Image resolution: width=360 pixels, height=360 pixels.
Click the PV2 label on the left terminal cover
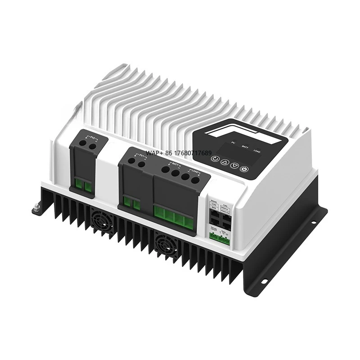click(93, 135)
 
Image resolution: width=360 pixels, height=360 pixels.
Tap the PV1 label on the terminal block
click(143, 156)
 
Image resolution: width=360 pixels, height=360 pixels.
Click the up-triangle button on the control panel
click(225, 162)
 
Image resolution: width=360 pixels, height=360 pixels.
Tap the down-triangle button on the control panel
click(235, 165)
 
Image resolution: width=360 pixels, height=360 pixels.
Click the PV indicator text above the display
click(233, 143)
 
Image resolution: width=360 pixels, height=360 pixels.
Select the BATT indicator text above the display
click(244, 146)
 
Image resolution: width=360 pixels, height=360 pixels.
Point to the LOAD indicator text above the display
click(257, 150)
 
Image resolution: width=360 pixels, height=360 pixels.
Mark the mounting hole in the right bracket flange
click(264, 282)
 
